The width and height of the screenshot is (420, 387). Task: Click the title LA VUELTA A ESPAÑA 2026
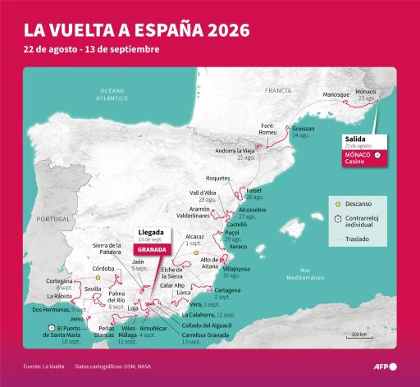[138, 30]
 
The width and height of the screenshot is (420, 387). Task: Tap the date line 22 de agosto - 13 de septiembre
[92, 50]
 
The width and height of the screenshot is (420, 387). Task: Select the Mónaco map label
[366, 91]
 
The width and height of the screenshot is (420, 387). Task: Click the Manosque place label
[336, 95]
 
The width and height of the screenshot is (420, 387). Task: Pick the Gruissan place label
[304, 129]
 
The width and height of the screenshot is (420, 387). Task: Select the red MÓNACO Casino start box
[360, 154]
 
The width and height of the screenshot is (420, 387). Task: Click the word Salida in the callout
[354, 139]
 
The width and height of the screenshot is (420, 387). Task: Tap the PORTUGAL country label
[54, 219]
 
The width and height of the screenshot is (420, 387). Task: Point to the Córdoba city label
[103, 268]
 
